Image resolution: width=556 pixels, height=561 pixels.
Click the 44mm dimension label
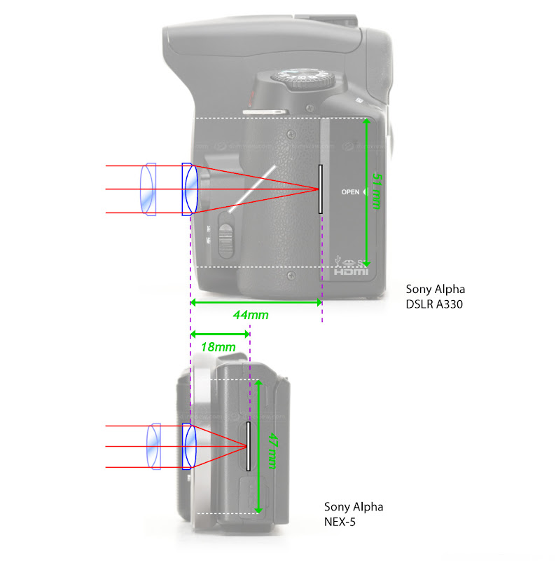coord(250,315)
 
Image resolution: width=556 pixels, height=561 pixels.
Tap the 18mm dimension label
coord(217,347)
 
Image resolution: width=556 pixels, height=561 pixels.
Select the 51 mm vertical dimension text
coord(377,191)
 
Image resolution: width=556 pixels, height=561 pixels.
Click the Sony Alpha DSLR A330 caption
coord(434,296)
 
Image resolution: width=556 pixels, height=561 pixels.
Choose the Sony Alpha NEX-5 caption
coord(353,514)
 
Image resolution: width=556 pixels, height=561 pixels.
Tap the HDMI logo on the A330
coord(350,271)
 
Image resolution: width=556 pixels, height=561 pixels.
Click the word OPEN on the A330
coord(350,191)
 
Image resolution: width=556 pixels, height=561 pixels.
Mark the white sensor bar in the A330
coord(320,189)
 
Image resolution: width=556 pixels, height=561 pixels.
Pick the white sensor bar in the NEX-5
coord(248,446)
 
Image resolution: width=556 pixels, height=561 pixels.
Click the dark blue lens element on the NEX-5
coord(189,446)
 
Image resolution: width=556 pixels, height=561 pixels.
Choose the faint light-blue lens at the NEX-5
coord(155,447)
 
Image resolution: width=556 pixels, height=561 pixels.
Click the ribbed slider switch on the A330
coord(225,238)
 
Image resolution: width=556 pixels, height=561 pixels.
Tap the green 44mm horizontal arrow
coord(256,302)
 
